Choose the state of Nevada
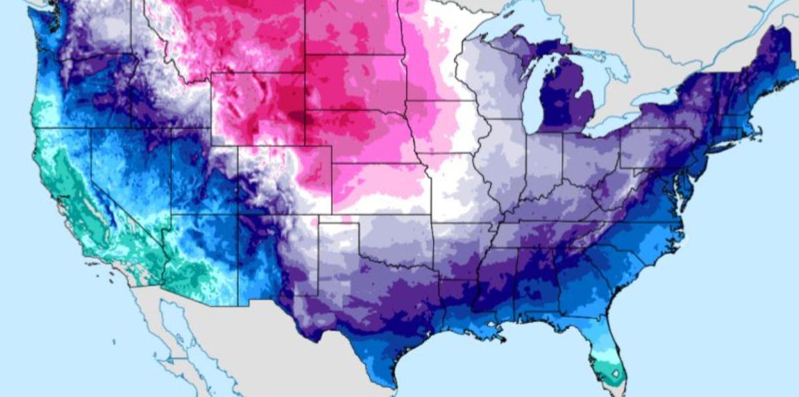pyautogui.click(x=127, y=173)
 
